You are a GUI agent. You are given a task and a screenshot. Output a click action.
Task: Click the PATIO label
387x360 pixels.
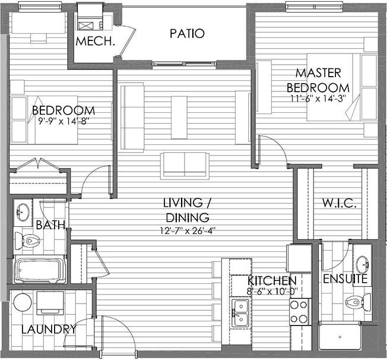[x=188, y=34]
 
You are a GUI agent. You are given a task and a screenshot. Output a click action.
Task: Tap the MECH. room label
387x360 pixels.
[x=96, y=41]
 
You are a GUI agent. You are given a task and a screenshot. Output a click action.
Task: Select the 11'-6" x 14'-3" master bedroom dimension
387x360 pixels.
[x=318, y=99]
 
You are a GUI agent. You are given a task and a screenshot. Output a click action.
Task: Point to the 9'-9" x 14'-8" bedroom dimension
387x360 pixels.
[x=64, y=121]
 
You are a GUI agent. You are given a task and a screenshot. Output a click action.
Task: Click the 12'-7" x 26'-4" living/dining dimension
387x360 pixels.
[x=188, y=230]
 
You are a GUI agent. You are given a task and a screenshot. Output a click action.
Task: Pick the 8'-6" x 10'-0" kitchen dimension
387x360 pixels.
[x=272, y=291]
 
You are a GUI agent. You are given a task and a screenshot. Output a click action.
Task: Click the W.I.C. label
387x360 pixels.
[x=340, y=203]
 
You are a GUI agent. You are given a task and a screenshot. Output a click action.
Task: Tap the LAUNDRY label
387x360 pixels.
[x=49, y=329]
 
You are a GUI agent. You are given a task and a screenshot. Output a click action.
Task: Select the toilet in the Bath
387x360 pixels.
[x=27, y=241]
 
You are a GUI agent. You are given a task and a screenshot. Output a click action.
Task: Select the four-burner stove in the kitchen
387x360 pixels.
[x=299, y=312]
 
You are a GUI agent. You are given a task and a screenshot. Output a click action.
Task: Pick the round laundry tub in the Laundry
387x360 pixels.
[x=23, y=302]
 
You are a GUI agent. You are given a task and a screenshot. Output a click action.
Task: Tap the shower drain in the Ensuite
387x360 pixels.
[x=340, y=337]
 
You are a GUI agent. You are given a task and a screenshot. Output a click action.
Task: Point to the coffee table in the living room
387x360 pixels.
[x=179, y=118]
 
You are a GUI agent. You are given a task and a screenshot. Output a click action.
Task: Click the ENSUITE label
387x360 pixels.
[x=345, y=279]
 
